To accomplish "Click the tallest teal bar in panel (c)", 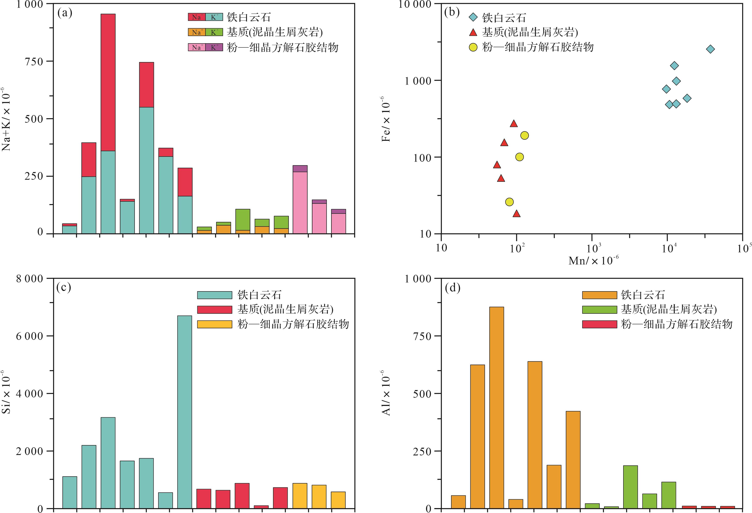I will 184,411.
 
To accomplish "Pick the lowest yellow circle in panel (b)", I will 509,202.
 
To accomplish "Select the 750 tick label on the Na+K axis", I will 34,61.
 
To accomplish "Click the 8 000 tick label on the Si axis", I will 30,279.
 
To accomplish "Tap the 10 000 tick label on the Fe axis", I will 415,4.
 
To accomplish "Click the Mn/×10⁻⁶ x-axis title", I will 593,260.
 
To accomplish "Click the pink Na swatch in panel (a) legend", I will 196,48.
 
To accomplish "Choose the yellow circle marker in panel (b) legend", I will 473,48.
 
